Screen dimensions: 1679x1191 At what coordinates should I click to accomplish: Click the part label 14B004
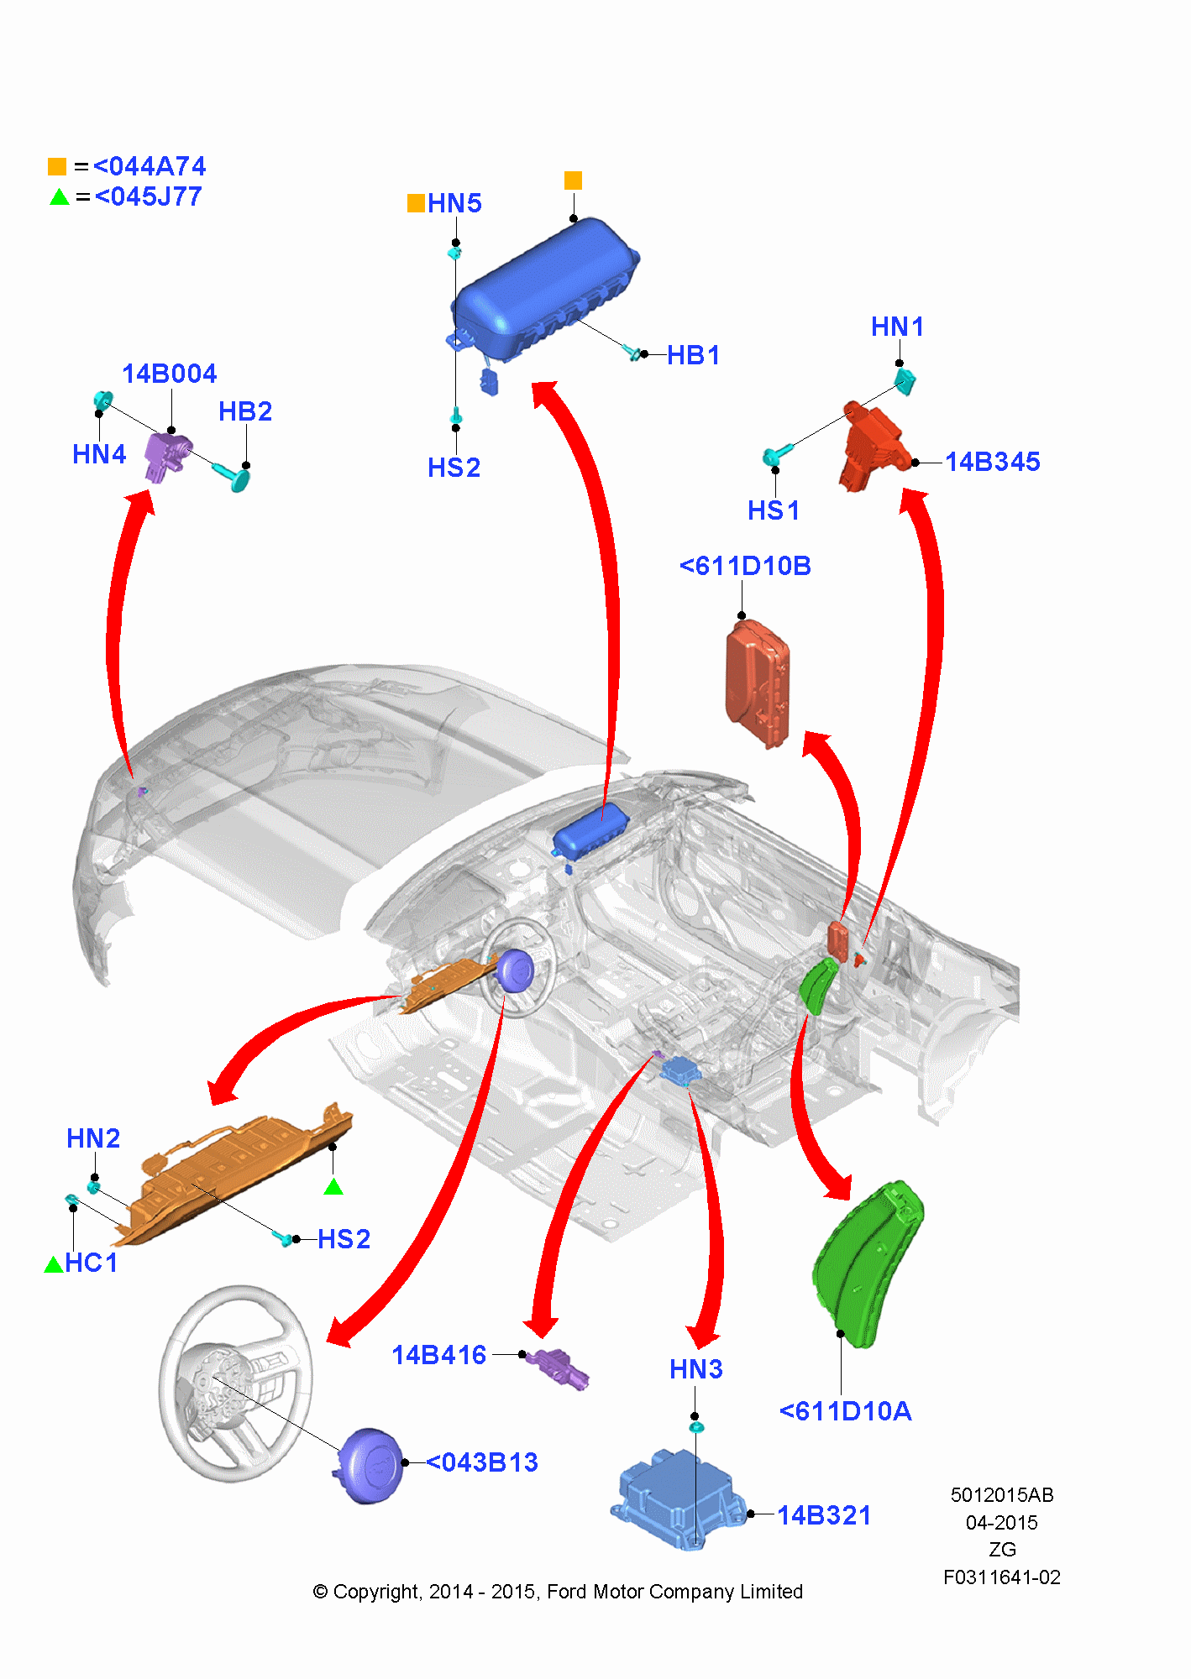(170, 374)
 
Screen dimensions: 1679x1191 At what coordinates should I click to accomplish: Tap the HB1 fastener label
(694, 355)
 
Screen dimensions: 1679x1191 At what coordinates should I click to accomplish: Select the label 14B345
(993, 462)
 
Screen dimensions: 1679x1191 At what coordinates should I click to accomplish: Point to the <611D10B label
(745, 566)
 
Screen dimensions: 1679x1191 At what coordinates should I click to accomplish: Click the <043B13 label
(482, 1462)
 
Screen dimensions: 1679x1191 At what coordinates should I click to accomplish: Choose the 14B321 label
(824, 1515)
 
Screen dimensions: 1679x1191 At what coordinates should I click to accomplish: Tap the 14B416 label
(439, 1355)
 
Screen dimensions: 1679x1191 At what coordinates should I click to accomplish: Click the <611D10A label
(845, 1411)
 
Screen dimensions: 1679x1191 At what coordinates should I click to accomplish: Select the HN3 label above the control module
(695, 1369)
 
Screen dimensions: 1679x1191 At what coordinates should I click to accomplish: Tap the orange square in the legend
(57, 166)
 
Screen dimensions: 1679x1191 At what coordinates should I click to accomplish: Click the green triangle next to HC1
(54, 1264)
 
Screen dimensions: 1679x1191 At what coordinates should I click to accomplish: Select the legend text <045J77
(148, 196)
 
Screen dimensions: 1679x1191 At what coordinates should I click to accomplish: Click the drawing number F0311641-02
(1001, 1577)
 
